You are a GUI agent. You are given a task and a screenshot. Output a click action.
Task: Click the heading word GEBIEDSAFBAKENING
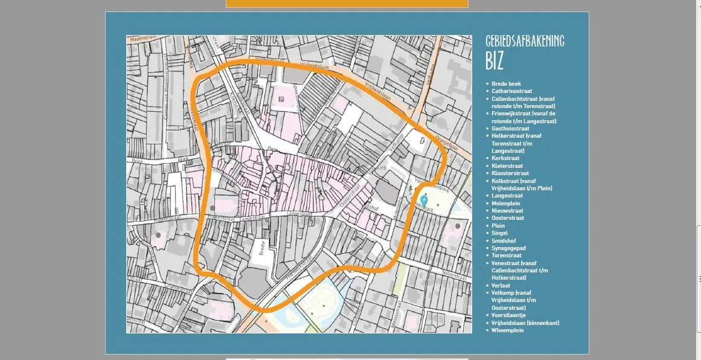[525, 41]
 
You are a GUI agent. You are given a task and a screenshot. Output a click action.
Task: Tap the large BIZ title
[495, 61]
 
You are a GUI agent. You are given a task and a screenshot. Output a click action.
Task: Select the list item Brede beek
[506, 84]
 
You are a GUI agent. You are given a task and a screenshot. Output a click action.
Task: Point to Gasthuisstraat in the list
[510, 129]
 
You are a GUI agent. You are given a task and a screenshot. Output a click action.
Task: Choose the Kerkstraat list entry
[505, 158]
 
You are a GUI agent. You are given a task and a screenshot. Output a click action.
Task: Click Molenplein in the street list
[505, 204]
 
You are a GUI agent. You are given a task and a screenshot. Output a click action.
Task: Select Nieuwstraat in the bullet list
[507, 211]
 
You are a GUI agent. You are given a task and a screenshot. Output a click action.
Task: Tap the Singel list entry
[499, 233]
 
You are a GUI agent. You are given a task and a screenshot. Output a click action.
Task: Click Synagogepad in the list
[508, 248]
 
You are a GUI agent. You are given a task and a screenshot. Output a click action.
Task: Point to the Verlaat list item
[501, 285]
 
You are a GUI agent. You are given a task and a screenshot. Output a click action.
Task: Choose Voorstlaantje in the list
[508, 315]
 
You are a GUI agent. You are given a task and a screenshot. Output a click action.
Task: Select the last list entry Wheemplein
[507, 330]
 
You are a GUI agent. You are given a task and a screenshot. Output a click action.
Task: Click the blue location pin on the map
[424, 199]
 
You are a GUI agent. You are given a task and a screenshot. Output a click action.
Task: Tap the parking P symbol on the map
[280, 98]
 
